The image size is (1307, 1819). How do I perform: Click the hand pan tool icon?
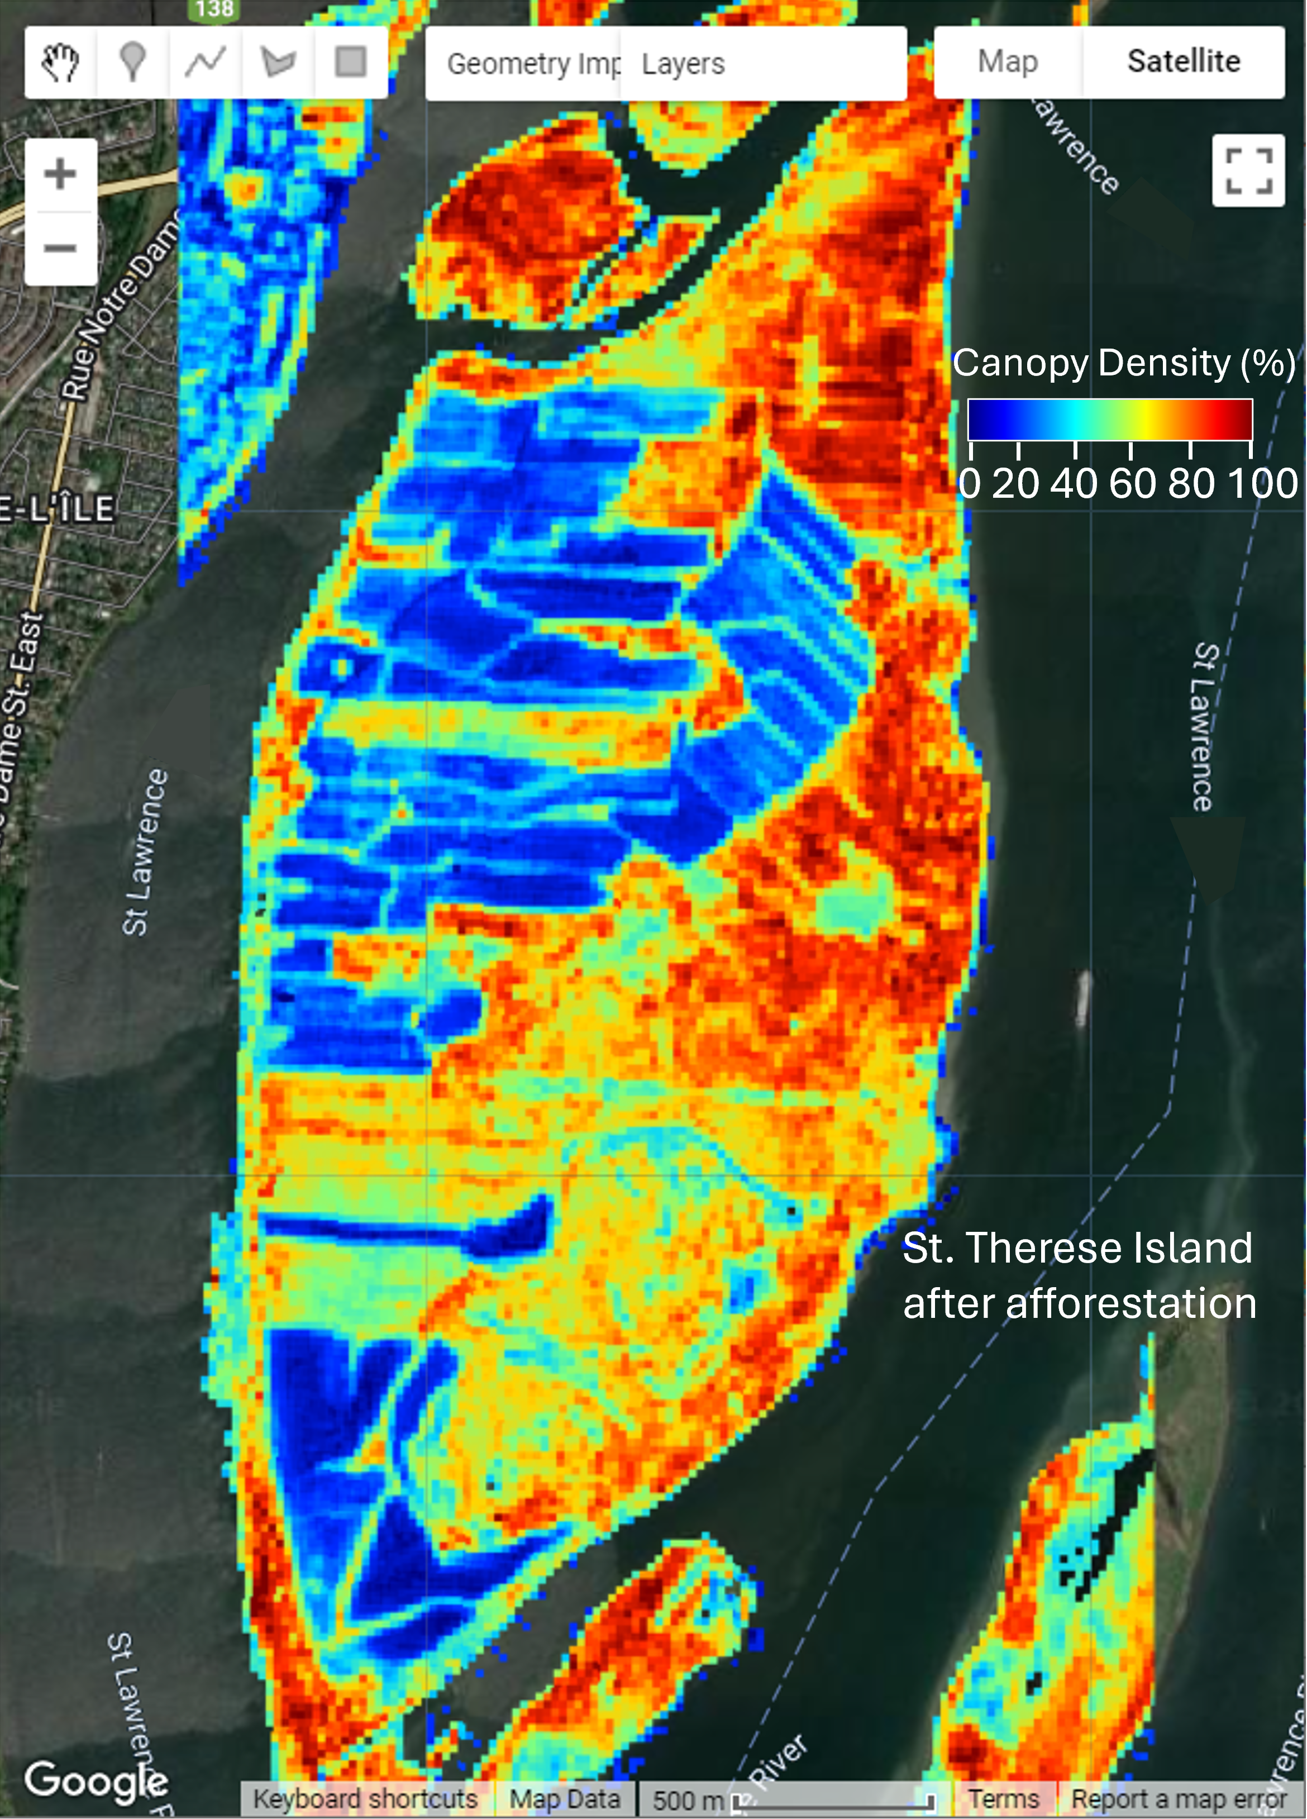click(x=60, y=62)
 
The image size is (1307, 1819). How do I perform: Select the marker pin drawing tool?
click(x=132, y=62)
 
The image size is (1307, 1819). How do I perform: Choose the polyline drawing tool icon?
click(x=206, y=62)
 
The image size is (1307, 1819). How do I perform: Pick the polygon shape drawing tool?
click(x=278, y=62)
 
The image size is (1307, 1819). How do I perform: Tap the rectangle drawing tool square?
click(x=350, y=62)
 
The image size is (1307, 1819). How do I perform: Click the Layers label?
click(x=683, y=64)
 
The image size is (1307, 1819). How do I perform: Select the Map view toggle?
click(x=1008, y=62)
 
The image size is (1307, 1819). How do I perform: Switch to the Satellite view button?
click(x=1184, y=62)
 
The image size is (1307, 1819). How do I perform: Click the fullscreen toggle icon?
click(x=1248, y=171)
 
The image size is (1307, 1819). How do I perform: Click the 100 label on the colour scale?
click(x=1262, y=484)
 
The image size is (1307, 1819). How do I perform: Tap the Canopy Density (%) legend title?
click(x=1123, y=363)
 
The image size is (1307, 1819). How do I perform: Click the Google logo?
click(x=96, y=1780)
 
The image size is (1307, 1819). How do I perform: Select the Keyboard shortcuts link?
click(x=366, y=1799)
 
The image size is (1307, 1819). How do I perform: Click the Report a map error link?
click(x=1179, y=1799)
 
